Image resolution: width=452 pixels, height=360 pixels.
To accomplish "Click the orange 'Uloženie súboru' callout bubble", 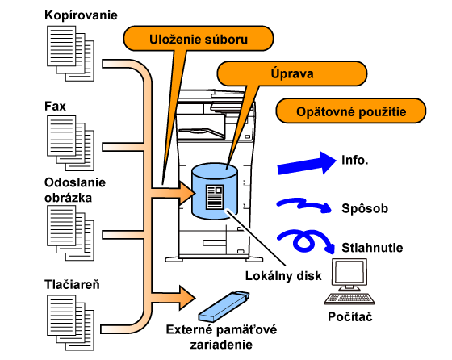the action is tap(199, 38).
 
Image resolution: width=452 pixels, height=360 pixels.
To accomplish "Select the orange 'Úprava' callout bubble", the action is tap(291, 73).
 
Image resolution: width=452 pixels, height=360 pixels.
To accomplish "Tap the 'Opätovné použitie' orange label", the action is tap(351, 111).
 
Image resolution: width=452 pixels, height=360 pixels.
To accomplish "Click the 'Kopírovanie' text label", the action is tap(81, 15).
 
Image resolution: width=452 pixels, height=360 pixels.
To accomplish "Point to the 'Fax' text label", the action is tap(55, 106).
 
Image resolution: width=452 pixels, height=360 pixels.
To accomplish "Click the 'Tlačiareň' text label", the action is tap(72, 284).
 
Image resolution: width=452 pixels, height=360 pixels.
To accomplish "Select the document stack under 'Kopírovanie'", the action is tap(71, 53).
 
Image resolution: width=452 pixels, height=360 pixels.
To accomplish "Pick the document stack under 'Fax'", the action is tap(71, 143).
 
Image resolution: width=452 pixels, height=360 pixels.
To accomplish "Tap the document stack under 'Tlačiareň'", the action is tap(71, 323).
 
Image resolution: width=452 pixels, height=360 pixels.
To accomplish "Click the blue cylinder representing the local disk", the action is tap(215, 191).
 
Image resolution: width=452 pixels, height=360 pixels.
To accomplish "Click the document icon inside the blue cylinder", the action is tap(215, 197).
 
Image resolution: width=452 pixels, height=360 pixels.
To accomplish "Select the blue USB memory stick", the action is tap(224, 306).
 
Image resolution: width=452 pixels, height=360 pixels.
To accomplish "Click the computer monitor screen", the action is tap(350, 272).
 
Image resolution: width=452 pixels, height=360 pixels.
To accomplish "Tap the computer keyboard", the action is tap(349, 299).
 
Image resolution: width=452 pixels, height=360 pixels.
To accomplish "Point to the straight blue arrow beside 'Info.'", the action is tap(307, 163).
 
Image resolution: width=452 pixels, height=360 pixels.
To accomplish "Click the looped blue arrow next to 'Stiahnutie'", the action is tap(306, 241).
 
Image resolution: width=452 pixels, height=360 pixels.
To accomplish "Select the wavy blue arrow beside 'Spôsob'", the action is tap(304, 205).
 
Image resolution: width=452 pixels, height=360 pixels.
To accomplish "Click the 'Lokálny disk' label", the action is tap(283, 276).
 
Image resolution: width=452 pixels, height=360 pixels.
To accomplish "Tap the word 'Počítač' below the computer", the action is tap(350, 316).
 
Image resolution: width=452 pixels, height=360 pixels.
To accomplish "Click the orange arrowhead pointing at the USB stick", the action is tap(186, 298).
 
